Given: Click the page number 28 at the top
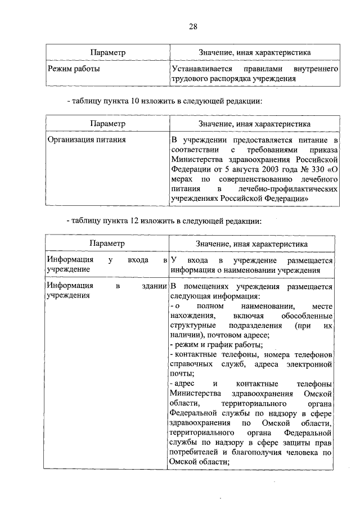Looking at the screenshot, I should tap(192, 26).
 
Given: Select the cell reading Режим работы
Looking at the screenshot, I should tap(73, 69).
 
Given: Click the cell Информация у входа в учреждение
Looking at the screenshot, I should tap(107, 264).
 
